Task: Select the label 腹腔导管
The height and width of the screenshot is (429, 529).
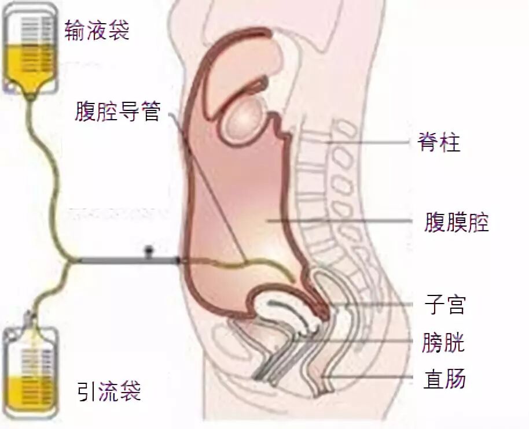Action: [x=117, y=111]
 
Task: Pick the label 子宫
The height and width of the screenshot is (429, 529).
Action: [x=444, y=305]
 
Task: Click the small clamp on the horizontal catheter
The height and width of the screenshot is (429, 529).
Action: [x=149, y=253]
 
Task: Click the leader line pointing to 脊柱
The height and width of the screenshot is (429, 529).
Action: [x=370, y=142]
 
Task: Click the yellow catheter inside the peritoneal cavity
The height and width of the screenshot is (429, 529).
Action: [x=243, y=265]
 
